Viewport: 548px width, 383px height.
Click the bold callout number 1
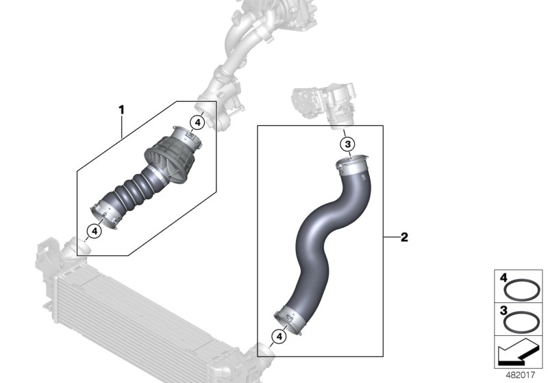[121, 109]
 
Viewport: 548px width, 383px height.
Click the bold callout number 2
[404, 237]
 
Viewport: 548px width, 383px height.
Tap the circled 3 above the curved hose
[347, 144]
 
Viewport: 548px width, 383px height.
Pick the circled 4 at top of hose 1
[197, 122]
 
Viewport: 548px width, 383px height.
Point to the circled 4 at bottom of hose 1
[95, 230]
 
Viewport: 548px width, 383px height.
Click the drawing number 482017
[521, 376]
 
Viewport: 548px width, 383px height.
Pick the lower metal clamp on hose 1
[106, 211]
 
